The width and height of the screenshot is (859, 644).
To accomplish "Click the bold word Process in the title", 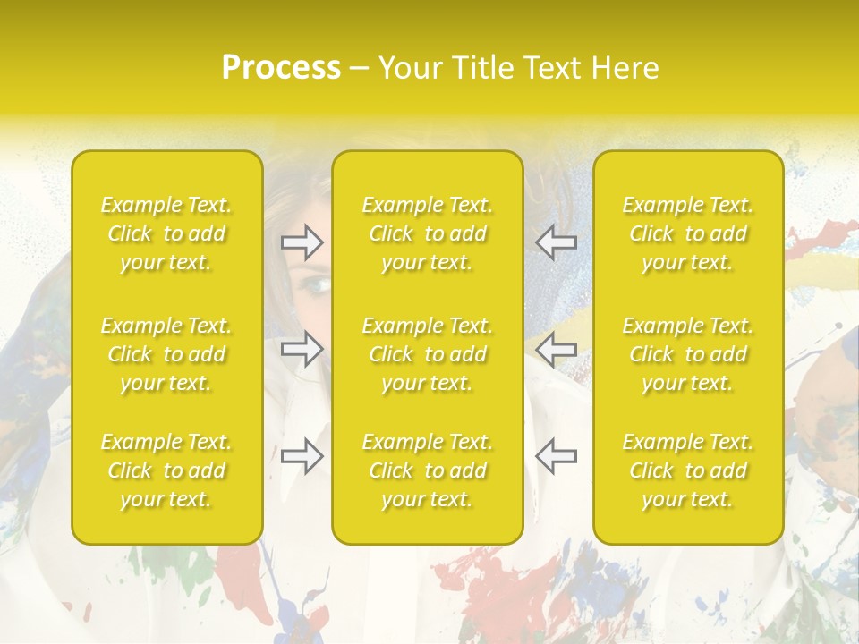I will point(281,68).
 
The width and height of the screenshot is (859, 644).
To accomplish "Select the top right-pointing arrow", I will point(302,241).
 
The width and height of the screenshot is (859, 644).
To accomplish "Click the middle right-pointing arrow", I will point(302,348).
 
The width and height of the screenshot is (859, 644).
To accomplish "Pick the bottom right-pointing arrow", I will point(302,455).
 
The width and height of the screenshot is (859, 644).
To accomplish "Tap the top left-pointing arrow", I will point(556,241).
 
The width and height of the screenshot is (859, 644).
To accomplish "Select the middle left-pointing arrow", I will point(556,348).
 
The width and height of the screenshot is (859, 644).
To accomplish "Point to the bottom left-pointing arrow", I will point(556,455).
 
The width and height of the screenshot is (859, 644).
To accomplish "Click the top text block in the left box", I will point(166,233).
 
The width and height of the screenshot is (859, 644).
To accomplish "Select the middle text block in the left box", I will point(166,354).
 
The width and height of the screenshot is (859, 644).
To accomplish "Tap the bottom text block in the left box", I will point(166,470).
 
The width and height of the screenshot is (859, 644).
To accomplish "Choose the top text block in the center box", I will point(428,233).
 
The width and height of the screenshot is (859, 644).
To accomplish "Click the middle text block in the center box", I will point(428,354).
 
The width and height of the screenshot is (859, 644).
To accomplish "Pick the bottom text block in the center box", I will point(428,470).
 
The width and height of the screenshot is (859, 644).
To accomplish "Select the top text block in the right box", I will point(688,233).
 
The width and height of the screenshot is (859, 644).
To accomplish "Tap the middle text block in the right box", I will point(688,354).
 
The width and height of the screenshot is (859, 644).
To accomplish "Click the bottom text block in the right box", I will point(688,470).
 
